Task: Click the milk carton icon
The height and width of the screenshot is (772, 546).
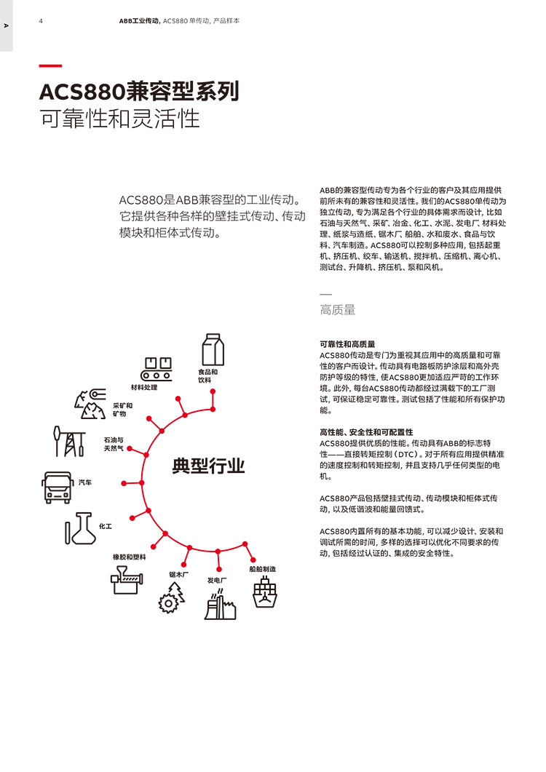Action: click(213, 349)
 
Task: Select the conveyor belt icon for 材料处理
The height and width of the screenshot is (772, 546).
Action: click(157, 369)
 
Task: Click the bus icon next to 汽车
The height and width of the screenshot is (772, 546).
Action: click(57, 488)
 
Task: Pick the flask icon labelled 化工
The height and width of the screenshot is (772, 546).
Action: click(80, 528)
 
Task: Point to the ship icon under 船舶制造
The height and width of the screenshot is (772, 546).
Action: click(264, 592)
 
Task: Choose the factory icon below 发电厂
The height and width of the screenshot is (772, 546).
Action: click(221, 604)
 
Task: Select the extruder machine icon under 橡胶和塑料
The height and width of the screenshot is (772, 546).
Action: click(127, 579)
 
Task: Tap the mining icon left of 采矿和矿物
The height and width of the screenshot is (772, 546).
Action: click(91, 404)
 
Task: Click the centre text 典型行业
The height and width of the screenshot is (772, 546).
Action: click(208, 466)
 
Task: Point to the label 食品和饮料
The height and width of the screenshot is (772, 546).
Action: click(208, 375)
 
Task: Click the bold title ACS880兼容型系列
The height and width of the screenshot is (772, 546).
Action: click(140, 92)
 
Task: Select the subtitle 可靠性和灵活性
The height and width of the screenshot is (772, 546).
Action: click(119, 119)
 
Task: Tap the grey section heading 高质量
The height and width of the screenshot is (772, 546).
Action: click(338, 310)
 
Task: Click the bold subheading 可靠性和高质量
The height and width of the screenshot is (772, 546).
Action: click(347, 344)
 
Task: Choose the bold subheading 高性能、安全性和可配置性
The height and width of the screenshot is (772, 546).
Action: click(366, 432)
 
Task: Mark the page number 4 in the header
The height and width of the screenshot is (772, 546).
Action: click(41, 20)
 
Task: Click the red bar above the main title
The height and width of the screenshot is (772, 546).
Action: click(50, 65)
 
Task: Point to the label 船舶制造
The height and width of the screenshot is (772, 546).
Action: click(263, 569)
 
